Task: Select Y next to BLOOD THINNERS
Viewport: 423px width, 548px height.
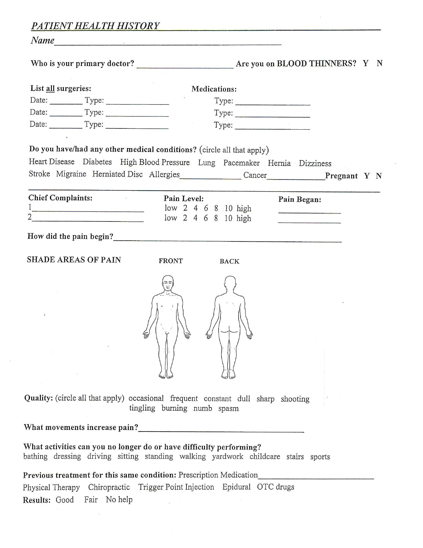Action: (365, 63)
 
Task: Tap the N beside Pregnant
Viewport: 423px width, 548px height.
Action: (379, 176)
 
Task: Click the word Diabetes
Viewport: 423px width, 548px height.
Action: (97, 162)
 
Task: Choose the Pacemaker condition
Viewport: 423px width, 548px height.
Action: (241, 163)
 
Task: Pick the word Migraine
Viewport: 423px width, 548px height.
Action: (71, 174)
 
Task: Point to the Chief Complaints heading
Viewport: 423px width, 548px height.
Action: (60, 198)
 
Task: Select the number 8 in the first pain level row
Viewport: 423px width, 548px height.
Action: (216, 208)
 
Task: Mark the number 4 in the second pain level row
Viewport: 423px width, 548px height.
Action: (195, 218)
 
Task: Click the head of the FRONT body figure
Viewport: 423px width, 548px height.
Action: (168, 283)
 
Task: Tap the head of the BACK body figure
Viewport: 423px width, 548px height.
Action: (230, 283)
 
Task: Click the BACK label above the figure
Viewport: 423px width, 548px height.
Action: (229, 261)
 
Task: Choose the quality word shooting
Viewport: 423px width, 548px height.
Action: (295, 399)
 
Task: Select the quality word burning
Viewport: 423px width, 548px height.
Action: (174, 408)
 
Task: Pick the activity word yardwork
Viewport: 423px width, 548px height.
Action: (227, 456)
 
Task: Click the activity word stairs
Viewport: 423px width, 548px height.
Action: (295, 456)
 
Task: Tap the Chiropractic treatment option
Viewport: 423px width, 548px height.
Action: (109, 487)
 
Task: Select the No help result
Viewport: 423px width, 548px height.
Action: (119, 499)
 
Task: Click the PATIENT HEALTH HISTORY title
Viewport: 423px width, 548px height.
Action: (95, 26)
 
